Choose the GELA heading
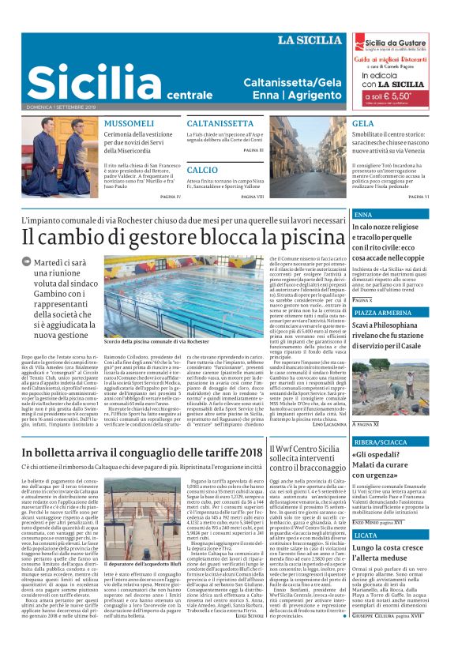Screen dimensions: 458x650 click(x=363, y=124)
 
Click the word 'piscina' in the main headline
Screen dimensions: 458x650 click(x=302, y=237)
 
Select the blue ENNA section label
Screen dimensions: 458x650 click(x=364, y=215)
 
